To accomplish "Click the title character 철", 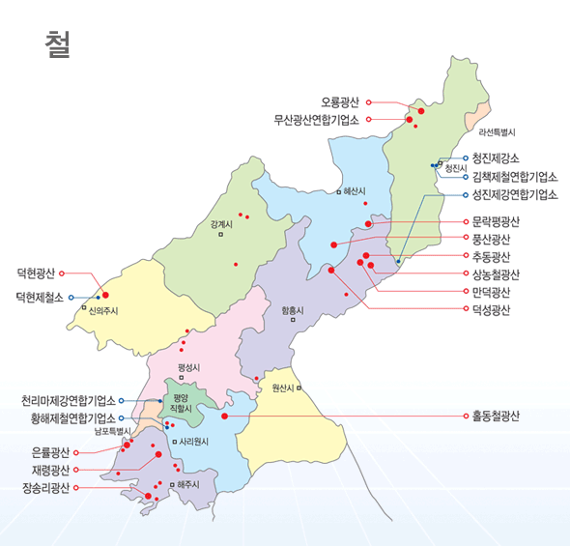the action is (57, 44).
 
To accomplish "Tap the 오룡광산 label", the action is (339, 101).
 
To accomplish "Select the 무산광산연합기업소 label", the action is (316, 120).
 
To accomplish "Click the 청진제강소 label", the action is (496, 158).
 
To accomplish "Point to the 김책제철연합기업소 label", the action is (515, 176).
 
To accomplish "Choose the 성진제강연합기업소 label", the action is (515, 193).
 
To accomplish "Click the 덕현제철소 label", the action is (40, 297).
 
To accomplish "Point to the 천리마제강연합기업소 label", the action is (69, 400).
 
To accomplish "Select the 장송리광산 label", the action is (46, 487).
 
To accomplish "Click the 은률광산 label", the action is (51, 451).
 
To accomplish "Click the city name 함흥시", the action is (292, 310).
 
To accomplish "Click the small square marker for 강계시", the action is (220, 234).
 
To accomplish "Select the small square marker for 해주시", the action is (171, 484).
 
